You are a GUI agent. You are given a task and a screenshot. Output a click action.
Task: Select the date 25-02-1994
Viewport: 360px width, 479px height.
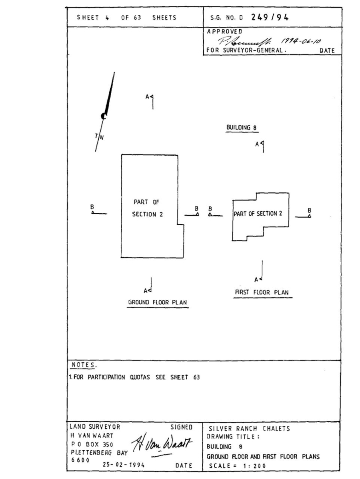click(125, 465)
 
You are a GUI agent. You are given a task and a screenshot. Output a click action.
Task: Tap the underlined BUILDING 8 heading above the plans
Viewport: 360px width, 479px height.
click(241, 128)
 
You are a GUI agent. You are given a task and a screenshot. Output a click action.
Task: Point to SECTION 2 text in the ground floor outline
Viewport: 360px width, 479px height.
click(147, 214)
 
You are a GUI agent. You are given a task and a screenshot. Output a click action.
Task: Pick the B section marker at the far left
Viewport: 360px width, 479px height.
click(92, 210)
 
